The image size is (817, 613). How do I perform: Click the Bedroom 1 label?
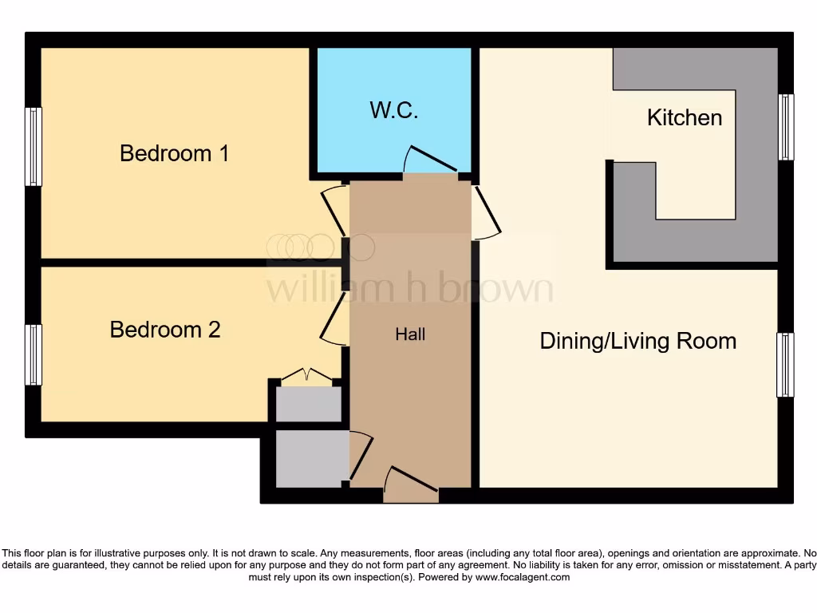click(174, 153)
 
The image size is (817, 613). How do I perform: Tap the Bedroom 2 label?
click(165, 330)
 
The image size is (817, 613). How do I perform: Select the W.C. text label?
click(394, 111)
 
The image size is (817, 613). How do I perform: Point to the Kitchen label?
click(684, 118)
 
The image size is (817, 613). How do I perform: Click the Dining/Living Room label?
click(637, 342)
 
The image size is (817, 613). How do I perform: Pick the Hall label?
click(410, 334)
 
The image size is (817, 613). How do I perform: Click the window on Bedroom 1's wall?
click(33, 147)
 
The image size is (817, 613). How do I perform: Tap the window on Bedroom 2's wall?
click(33, 354)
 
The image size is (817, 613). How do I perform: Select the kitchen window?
click(786, 127)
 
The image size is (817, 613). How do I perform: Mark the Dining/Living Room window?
click(785, 365)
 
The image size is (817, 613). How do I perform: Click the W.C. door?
click(431, 160)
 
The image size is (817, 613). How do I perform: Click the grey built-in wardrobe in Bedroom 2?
click(308, 404)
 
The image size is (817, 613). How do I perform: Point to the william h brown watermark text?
click(409, 287)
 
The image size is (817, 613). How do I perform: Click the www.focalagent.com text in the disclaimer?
click(522, 577)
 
